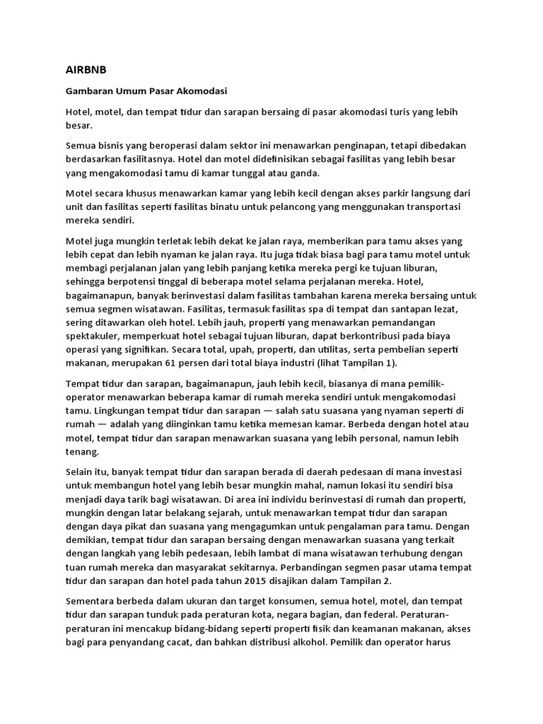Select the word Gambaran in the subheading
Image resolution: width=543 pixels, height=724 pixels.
[x=90, y=92]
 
